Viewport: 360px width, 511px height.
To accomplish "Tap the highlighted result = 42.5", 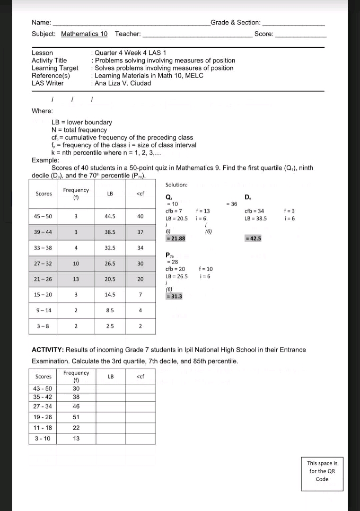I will click(x=253, y=238).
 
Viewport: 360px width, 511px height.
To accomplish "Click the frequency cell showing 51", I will click(x=76, y=417).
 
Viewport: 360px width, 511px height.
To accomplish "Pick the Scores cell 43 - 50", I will click(x=43, y=388).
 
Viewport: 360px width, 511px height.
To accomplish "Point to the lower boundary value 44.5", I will click(x=110, y=216).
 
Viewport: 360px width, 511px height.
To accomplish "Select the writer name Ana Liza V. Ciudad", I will click(x=123, y=83).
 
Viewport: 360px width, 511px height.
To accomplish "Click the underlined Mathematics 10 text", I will click(x=84, y=34).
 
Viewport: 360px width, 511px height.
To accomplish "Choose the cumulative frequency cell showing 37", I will click(x=140, y=232).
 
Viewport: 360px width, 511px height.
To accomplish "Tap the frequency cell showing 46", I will click(x=76, y=406).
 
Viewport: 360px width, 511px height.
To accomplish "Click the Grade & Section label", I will click(x=235, y=22).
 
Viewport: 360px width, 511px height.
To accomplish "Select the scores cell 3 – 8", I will click(x=43, y=326).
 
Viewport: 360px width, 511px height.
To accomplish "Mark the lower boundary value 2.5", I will click(x=110, y=326).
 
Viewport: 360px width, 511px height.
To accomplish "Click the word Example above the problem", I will click(x=44, y=160).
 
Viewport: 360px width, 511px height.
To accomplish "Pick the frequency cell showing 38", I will click(x=76, y=397).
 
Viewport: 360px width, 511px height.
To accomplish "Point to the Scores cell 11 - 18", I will click(x=43, y=428).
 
